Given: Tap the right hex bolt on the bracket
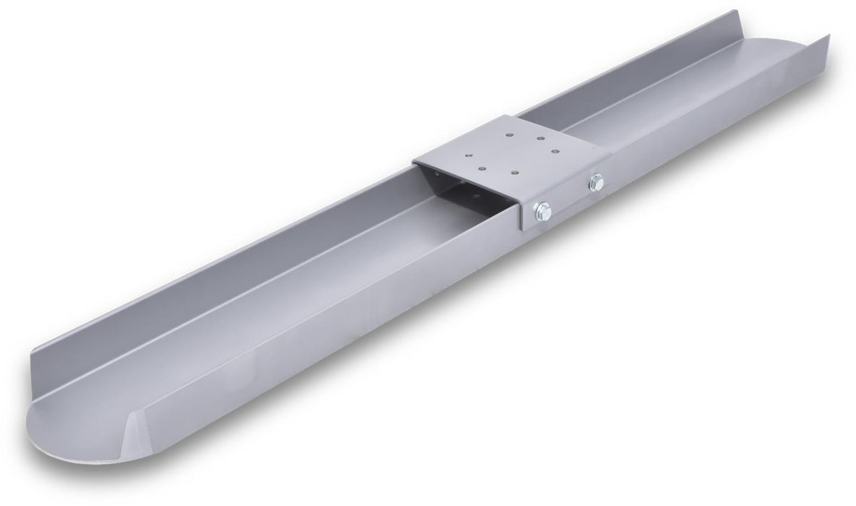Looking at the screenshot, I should click(x=596, y=182).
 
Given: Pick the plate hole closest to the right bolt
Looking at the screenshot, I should click(x=555, y=151).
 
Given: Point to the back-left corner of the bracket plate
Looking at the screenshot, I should click(x=414, y=161).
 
